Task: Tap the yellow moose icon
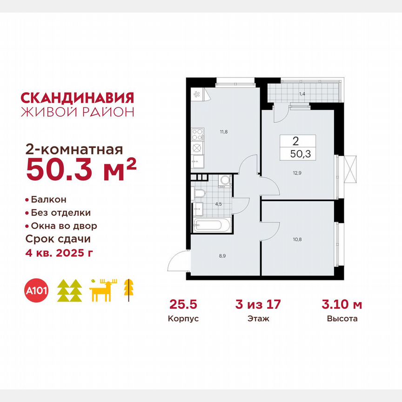coord(104,291)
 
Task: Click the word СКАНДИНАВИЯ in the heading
coord(77,98)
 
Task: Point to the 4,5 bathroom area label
coord(217,203)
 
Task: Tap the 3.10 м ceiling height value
coord(342,305)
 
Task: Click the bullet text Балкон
coord(48,200)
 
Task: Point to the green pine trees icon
coord(69,291)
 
